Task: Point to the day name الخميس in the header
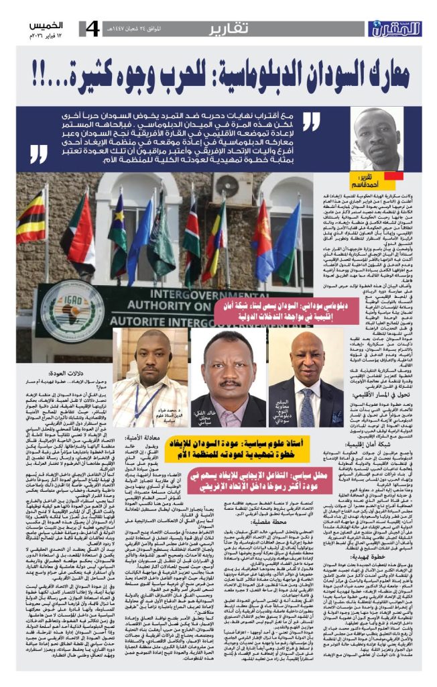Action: (x=45, y=25)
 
